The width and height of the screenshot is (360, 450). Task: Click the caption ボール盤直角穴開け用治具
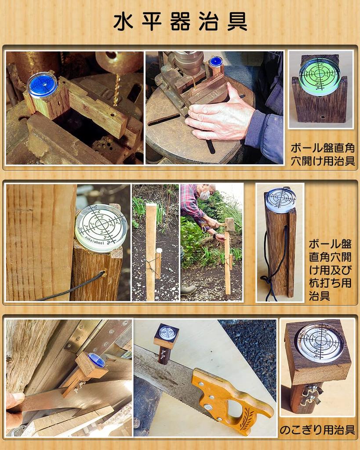click(323, 154)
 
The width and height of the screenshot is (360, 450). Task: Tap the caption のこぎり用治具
click(317, 430)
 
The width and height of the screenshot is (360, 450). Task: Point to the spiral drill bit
click(116, 90)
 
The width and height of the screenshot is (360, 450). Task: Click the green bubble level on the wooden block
click(320, 73)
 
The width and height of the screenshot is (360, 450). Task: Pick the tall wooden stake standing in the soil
click(151, 250)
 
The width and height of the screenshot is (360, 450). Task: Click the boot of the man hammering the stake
click(188, 290)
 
